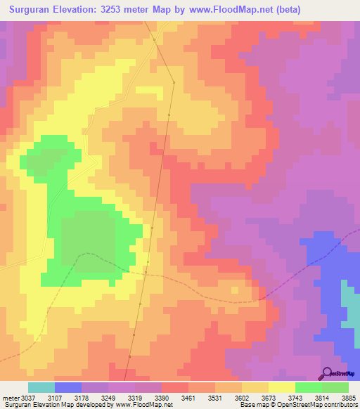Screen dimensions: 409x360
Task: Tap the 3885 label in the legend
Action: (348, 397)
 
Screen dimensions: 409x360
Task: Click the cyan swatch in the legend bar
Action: (41, 387)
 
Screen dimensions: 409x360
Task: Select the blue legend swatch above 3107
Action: (68, 387)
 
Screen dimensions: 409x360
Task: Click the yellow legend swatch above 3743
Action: (281, 387)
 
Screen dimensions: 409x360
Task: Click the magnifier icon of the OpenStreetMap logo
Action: (326, 373)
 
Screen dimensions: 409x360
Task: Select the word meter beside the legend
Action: (10, 397)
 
